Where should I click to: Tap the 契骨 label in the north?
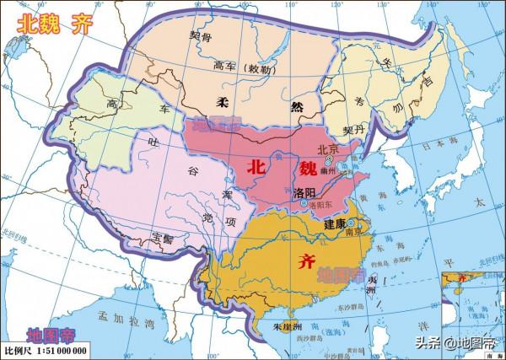coord(201,38)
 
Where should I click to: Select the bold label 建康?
coord(335,224)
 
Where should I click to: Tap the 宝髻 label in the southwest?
coord(164,239)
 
